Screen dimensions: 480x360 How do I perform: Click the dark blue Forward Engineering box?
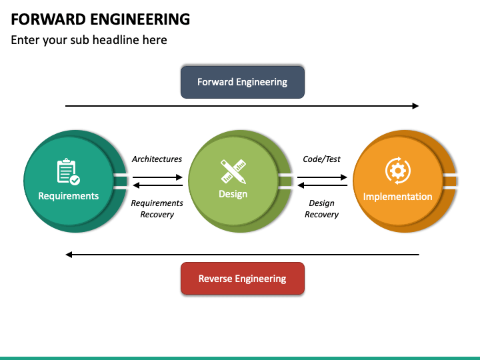(243, 82)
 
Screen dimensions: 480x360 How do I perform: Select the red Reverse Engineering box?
(243, 278)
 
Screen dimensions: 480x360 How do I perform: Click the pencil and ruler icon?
(233, 171)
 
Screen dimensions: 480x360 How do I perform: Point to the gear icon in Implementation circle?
(397, 171)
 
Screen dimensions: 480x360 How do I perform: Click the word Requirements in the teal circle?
(69, 196)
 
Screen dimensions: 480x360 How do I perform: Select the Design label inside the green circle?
(233, 194)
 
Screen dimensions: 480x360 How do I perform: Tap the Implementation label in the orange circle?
(397, 197)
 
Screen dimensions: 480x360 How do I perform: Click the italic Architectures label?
(157, 159)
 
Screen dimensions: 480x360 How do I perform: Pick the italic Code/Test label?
(322, 159)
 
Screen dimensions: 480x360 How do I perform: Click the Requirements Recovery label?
(157, 209)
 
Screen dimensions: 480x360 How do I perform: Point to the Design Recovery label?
(322, 209)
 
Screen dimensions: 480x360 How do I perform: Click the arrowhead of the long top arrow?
(415, 106)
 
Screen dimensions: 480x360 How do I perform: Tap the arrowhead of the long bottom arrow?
(69, 255)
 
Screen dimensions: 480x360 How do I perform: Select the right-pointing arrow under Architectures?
(157, 177)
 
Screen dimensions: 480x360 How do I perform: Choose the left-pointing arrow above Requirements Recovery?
(158, 185)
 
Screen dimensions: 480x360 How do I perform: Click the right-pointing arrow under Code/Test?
(322, 177)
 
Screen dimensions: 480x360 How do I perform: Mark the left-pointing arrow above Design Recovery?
(323, 185)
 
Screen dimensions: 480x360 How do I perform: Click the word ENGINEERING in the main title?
(140, 19)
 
